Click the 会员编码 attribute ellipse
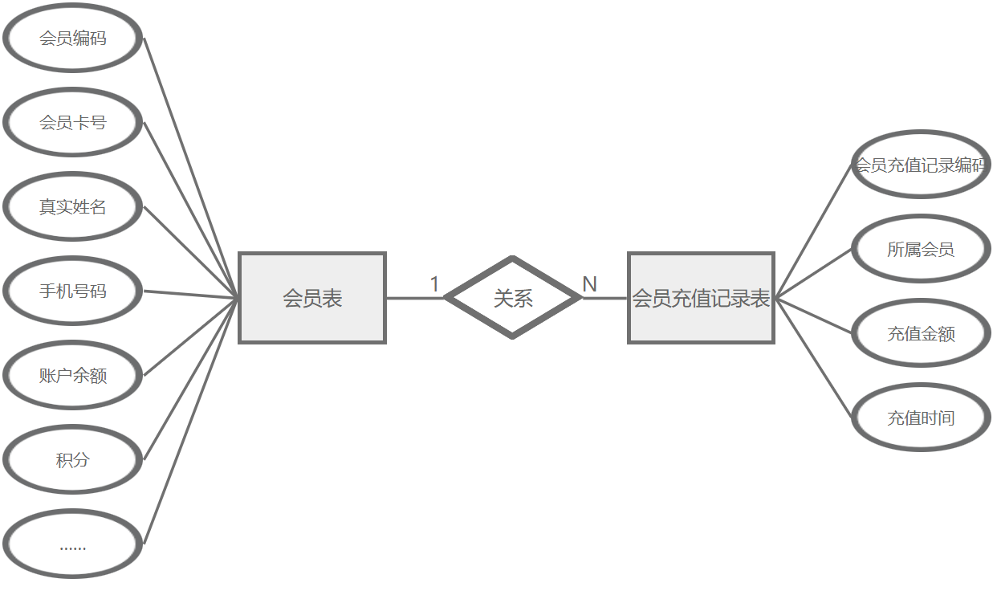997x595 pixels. [73, 39]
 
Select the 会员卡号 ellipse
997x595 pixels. [73, 123]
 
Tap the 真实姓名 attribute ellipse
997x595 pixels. [73, 207]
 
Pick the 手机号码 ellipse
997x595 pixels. [73, 291]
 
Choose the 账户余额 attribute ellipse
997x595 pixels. [73, 376]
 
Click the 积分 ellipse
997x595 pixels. [73, 460]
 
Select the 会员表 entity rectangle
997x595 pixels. [312, 299]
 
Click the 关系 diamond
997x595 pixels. [513, 299]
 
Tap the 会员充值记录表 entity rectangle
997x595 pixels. [701, 299]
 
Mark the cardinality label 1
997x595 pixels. [434, 284]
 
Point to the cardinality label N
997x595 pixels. [589, 284]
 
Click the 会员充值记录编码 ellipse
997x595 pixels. [920, 165]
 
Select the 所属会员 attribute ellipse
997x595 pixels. [920, 249]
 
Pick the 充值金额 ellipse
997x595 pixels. [920, 333]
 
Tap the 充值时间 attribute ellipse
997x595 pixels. [920, 418]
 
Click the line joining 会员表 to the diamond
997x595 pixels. [414, 299]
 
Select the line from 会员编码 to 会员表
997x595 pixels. [191, 168]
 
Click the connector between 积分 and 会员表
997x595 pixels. [191, 379]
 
